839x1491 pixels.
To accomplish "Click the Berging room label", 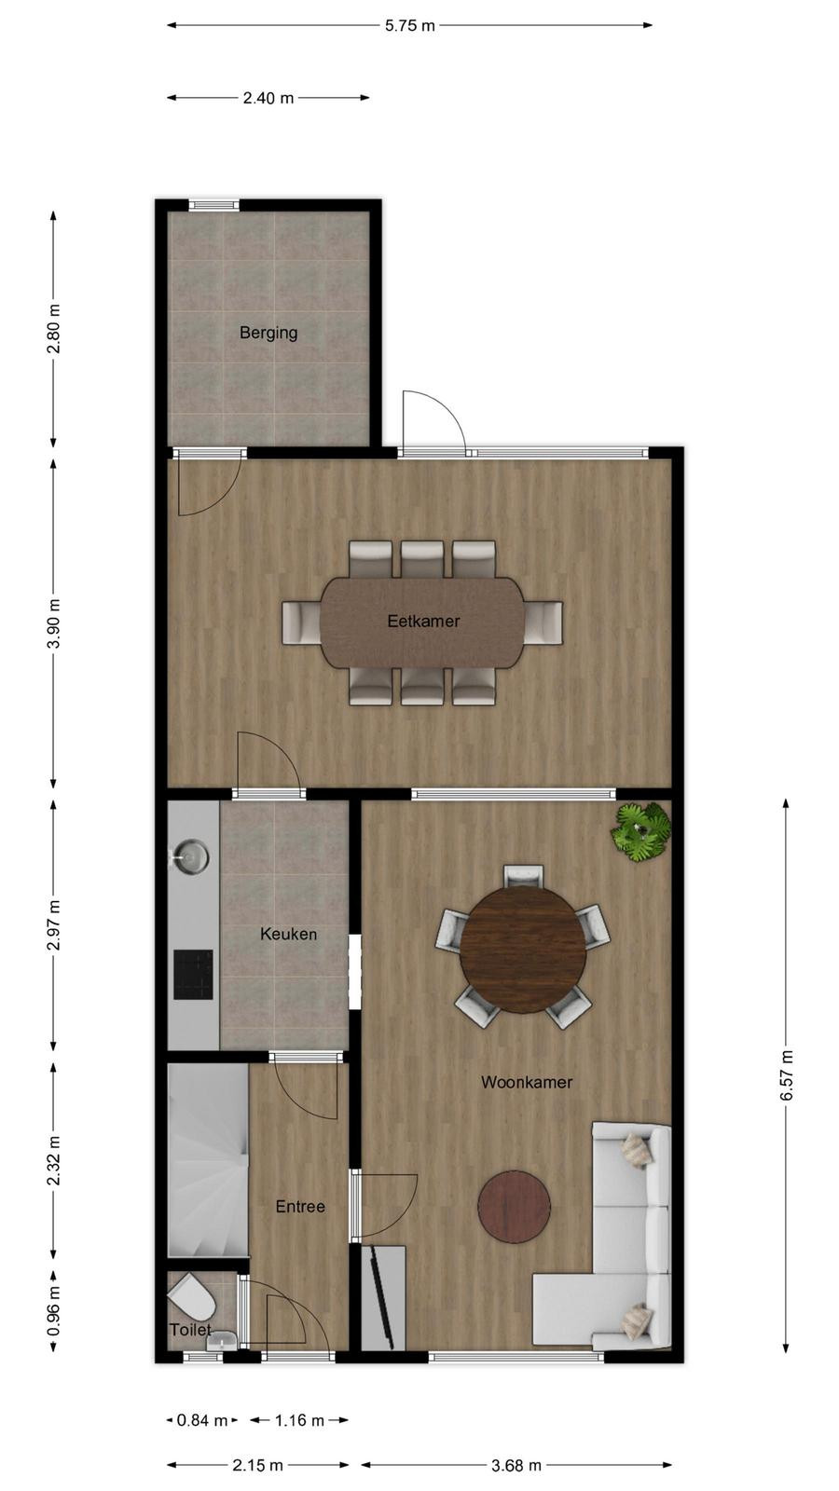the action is [268, 333].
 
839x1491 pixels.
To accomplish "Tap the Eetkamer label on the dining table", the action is [423, 621].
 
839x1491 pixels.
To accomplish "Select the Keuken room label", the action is [288, 934].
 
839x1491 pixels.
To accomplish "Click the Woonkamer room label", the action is [527, 1082].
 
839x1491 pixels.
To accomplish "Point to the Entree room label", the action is [300, 1206].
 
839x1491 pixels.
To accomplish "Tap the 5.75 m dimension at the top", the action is [409, 25].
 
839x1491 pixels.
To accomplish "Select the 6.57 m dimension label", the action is [787, 1075].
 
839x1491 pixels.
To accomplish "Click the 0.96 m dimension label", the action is [54, 1310].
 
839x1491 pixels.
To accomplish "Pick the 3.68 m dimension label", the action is [516, 1465].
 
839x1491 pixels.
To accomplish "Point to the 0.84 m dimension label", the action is [201, 1420].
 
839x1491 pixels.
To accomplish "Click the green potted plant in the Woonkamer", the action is [641, 831].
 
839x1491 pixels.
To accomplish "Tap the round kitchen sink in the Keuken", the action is [191, 856].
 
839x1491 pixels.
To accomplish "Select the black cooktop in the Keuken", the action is [193, 975].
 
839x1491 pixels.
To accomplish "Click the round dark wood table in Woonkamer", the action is [523, 950].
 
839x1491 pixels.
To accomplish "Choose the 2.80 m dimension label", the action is [54, 329].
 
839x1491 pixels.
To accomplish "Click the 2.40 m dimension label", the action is [268, 98].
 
